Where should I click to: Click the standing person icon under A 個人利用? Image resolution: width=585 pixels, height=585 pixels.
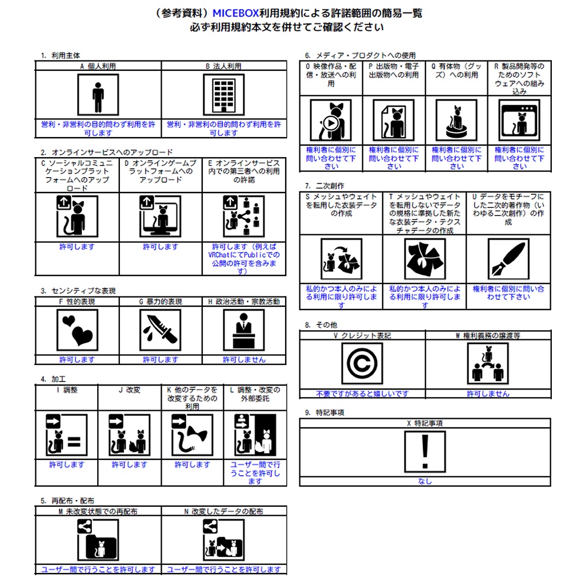(98, 95)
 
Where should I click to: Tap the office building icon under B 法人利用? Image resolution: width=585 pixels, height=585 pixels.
(224, 95)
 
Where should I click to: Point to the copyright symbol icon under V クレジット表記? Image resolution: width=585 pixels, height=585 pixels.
(362, 364)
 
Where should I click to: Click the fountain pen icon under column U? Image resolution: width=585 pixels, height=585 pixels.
(508, 259)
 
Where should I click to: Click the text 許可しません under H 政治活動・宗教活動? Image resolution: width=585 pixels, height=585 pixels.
(244, 360)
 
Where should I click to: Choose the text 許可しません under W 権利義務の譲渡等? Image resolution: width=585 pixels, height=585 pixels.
(488, 394)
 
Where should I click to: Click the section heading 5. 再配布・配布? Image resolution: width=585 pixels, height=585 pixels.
(67, 500)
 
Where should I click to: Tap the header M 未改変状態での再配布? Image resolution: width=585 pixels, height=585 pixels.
(98, 512)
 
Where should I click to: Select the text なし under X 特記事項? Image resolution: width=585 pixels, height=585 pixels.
(425, 482)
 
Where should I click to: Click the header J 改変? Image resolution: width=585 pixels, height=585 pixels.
(129, 390)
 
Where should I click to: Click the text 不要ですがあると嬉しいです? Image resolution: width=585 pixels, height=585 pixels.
(362, 394)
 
